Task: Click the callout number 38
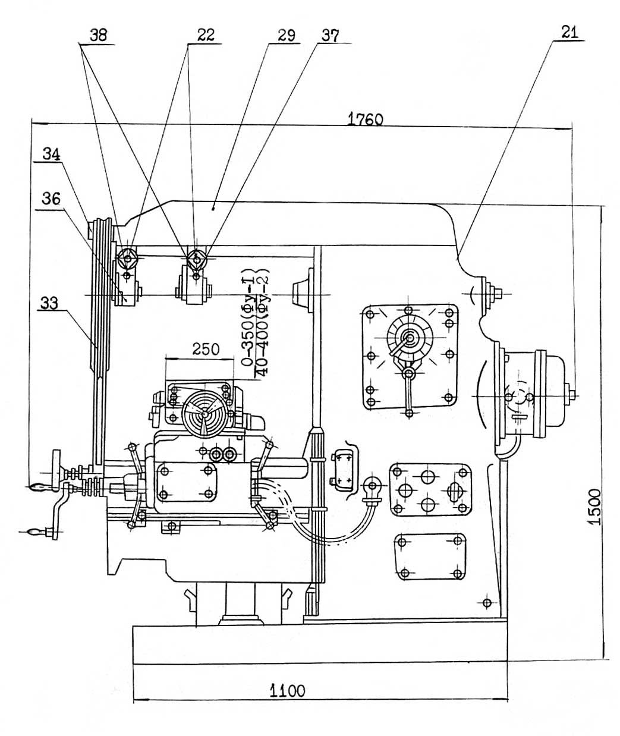98,35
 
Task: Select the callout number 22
205,35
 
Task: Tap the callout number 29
285,35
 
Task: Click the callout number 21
569,33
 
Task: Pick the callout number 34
51,154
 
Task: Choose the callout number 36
51,199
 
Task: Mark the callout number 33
50,303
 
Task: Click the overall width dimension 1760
365,119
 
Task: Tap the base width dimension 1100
288,691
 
